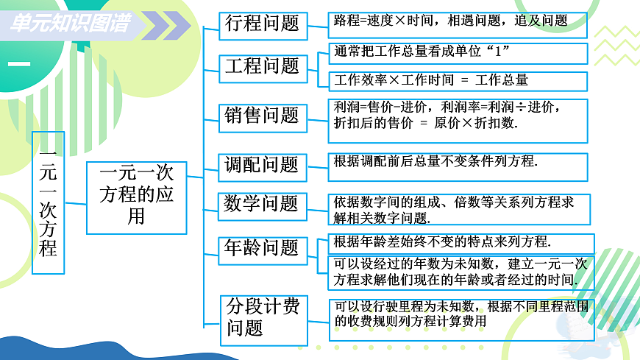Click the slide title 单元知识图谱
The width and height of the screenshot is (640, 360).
[x=71, y=24]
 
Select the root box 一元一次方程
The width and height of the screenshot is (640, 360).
[x=48, y=202]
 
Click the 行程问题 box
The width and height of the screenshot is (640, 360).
[x=261, y=24]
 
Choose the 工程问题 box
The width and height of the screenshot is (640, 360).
[x=261, y=67]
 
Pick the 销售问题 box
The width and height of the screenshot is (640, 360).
[x=261, y=116]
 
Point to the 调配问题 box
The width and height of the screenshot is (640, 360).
[x=261, y=165]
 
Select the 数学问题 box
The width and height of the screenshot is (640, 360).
[x=261, y=204]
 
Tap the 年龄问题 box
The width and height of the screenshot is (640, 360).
[x=261, y=248]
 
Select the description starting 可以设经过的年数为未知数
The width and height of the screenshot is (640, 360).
[x=458, y=272]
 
